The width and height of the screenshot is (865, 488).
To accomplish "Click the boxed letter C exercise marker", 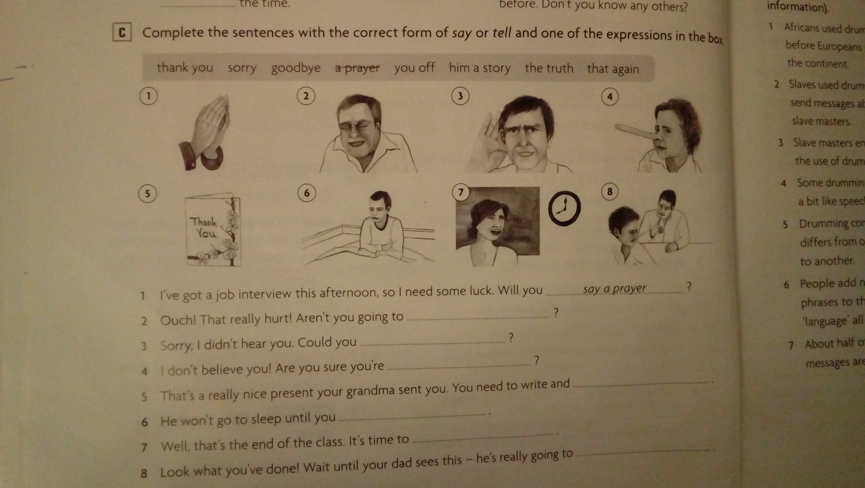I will (x=122, y=33).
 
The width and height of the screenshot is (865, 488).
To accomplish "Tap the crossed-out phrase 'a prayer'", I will (x=357, y=68).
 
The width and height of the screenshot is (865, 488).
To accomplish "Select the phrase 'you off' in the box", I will (x=414, y=68).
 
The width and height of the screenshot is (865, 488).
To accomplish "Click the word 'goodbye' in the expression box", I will (x=296, y=68).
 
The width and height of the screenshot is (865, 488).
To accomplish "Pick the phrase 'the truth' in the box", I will (x=549, y=68).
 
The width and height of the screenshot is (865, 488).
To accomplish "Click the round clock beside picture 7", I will (x=564, y=208).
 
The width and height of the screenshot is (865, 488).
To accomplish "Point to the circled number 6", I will (x=307, y=193).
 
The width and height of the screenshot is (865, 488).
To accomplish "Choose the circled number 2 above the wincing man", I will (x=306, y=96).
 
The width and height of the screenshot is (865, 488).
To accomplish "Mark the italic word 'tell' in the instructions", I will (x=502, y=33).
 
